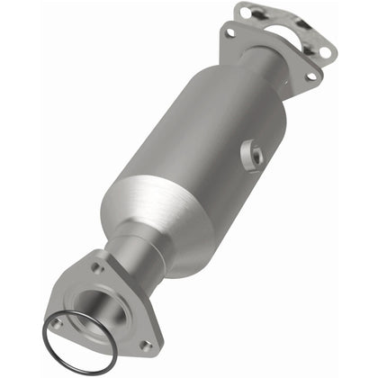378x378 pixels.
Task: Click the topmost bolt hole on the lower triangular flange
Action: click(x=97, y=267)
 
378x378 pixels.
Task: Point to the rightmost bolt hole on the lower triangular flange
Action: click(x=144, y=345)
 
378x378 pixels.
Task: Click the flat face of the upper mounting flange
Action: click(x=270, y=49)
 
